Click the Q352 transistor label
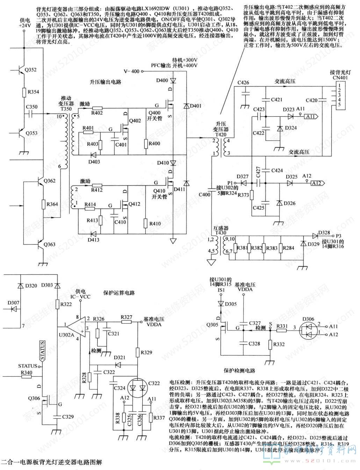(30, 70)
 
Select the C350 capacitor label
(31, 107)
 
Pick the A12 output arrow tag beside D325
(318, 183)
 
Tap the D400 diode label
(162, 81)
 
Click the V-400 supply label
(131, 71)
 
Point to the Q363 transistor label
(50, 245)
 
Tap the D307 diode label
(13, 303)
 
